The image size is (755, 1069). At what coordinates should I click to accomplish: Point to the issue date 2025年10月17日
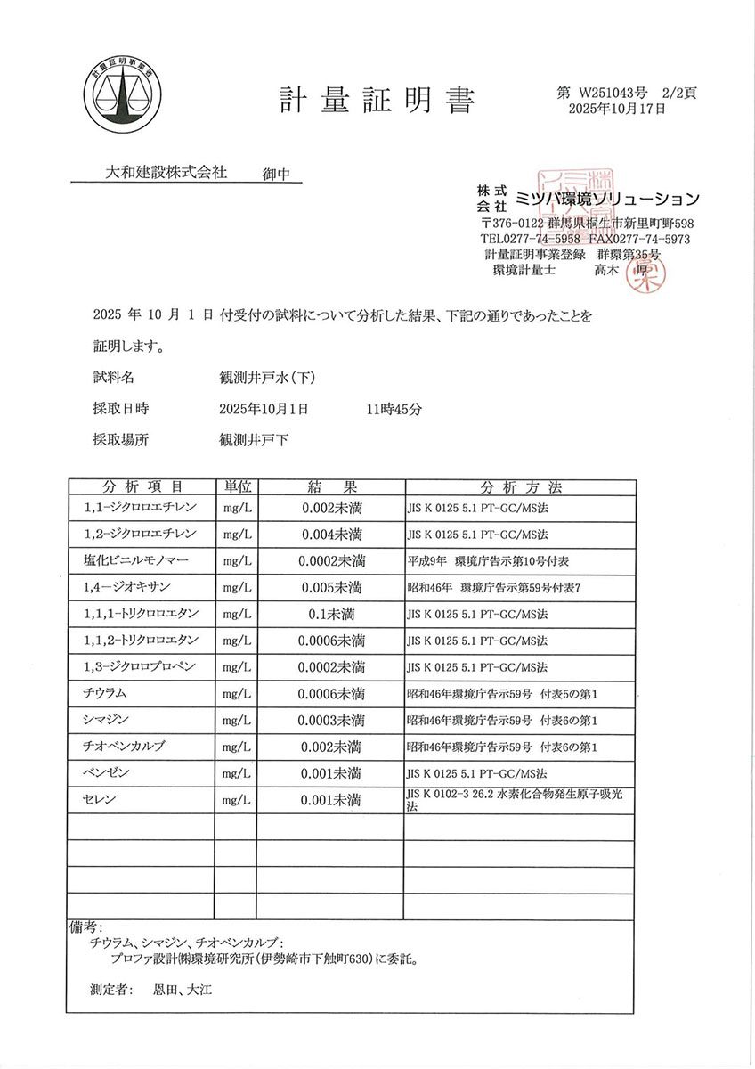[616, 109]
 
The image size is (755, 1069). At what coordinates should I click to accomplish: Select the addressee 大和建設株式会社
[166, 171]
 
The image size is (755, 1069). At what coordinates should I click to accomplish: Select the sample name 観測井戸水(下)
[267, 378]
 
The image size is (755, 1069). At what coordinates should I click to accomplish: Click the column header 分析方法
[521, 487]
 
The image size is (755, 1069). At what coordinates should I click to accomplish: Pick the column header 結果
[331, 487]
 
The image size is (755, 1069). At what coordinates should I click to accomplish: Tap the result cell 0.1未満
[331, 614]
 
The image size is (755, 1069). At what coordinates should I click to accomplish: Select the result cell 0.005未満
[331, 587]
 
